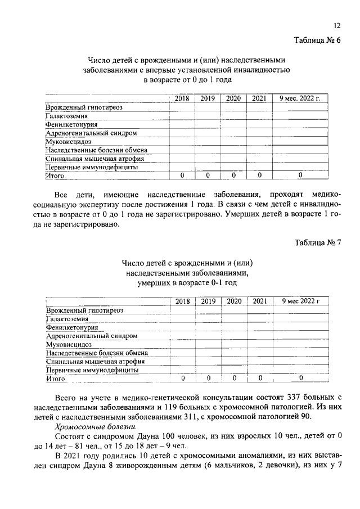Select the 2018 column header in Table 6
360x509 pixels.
(182, 98)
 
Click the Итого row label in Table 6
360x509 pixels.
(55, 176)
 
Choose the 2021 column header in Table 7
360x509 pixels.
(259, 301)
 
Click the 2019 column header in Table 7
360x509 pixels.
(208, 301)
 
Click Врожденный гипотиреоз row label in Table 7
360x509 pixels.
(84, 310)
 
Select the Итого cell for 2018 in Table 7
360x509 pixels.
(182, 379)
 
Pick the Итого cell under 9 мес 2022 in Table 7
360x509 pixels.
(301, 379)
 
